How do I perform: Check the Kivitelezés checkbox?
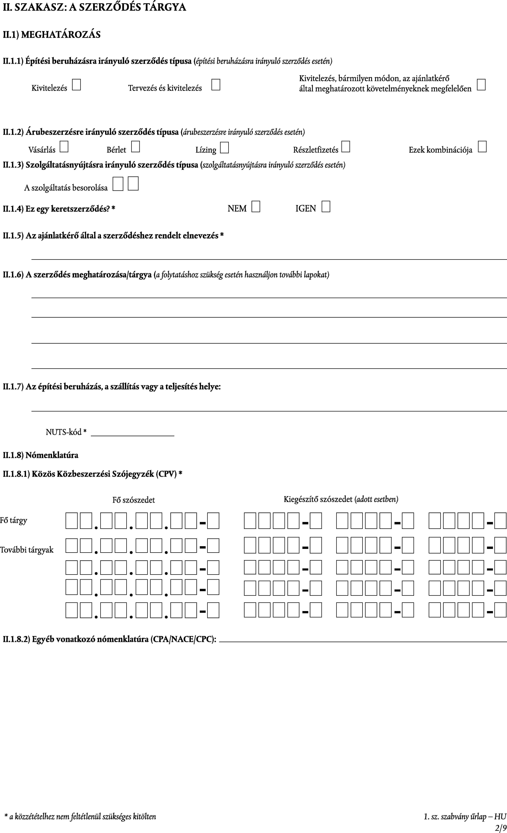point(76,85)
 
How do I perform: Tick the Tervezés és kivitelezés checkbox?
point(216,85)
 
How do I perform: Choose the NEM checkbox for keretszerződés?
point(256,207)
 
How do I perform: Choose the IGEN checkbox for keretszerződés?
point(326,207)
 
